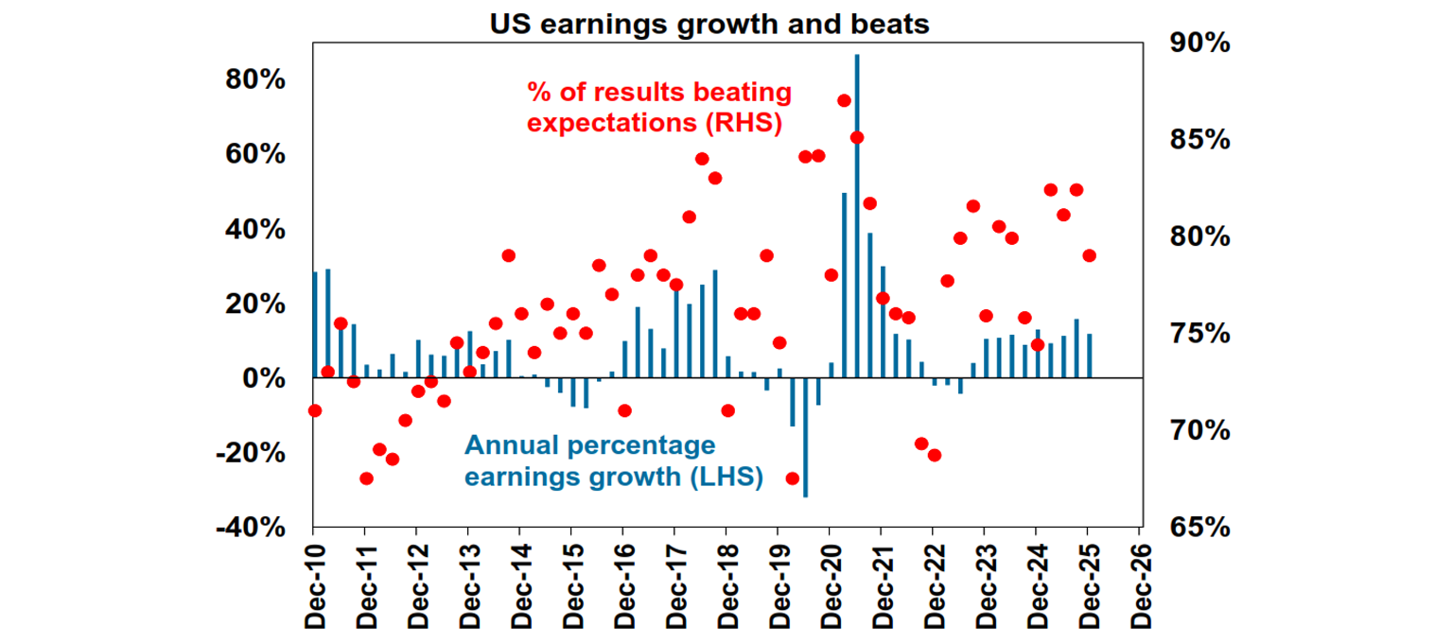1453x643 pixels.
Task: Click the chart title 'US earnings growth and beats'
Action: click(x=709, y=25)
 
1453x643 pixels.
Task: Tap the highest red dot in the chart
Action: click(x=844, y=100)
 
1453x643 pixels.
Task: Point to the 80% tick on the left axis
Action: click(x=255, y=80)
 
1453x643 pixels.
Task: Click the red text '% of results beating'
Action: click(x=658, y=93)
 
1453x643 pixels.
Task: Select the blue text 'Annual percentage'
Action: click(x=589, y=444)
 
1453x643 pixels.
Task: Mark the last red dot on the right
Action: click(x=1089, y=255)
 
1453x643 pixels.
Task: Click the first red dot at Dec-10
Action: click(x=315, y=410)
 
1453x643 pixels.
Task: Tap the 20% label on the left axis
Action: click(x=255, y=304)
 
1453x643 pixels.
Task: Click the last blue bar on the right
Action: click(x=1090, y=356)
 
